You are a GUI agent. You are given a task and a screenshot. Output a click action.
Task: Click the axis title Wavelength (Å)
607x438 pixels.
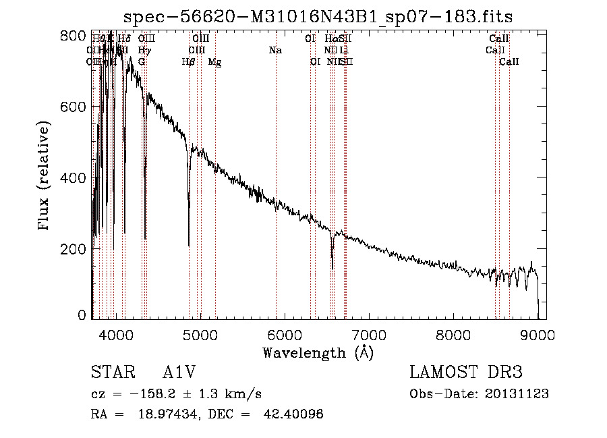[318, 352]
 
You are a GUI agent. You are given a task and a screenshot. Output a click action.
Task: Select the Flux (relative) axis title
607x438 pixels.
[45, 177]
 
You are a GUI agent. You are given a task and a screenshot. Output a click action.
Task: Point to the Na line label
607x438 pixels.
[275, 51]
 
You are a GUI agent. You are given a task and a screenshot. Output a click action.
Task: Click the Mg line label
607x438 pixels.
[214, 62]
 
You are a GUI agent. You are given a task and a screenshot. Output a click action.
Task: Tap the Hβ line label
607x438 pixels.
[189, 62]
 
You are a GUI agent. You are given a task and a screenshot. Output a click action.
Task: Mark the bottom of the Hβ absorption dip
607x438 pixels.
[188, 245]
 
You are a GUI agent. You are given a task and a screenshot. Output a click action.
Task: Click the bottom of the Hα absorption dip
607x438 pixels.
[332, 268]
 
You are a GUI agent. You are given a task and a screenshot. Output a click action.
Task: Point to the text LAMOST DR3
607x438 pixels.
[465, 373]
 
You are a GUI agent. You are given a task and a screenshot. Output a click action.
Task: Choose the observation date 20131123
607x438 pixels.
[517, 394]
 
